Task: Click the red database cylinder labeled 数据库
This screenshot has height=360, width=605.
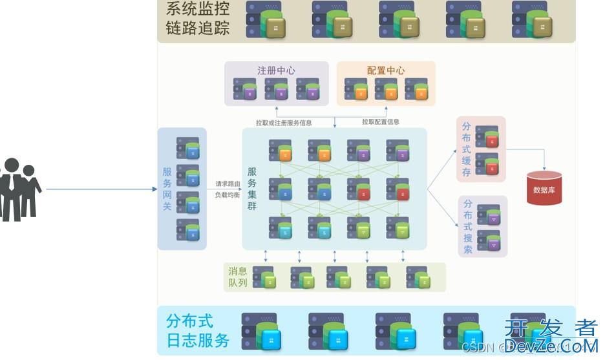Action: click(544, 188)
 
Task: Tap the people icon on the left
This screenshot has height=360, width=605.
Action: click(19, 189)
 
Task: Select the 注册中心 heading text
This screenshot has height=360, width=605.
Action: click(277, 70)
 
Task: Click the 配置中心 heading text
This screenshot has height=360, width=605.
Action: click(386, 70)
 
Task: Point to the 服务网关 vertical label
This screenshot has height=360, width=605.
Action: click(167, 189)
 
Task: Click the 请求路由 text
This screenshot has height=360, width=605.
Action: click(228, 184)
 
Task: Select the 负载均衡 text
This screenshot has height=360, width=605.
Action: click(228, 195)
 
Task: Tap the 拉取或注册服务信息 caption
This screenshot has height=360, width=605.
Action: click(284, 122)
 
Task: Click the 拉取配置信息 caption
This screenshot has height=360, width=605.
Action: click(380, 122)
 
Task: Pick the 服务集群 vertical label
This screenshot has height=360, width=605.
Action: click(252, 189)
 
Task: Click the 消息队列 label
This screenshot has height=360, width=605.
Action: click(238, 277)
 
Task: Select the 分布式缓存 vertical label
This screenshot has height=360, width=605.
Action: click(467, 149)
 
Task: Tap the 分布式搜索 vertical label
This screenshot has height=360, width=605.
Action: click(468, 226)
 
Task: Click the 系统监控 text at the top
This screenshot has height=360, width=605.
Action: click(197, 9)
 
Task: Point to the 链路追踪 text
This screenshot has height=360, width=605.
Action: click(197, 30)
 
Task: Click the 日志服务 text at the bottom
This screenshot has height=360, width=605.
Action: click(198, 341)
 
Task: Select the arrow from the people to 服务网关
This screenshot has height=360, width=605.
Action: click(100, 189)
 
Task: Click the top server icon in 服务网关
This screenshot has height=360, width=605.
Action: click(188, 147)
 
